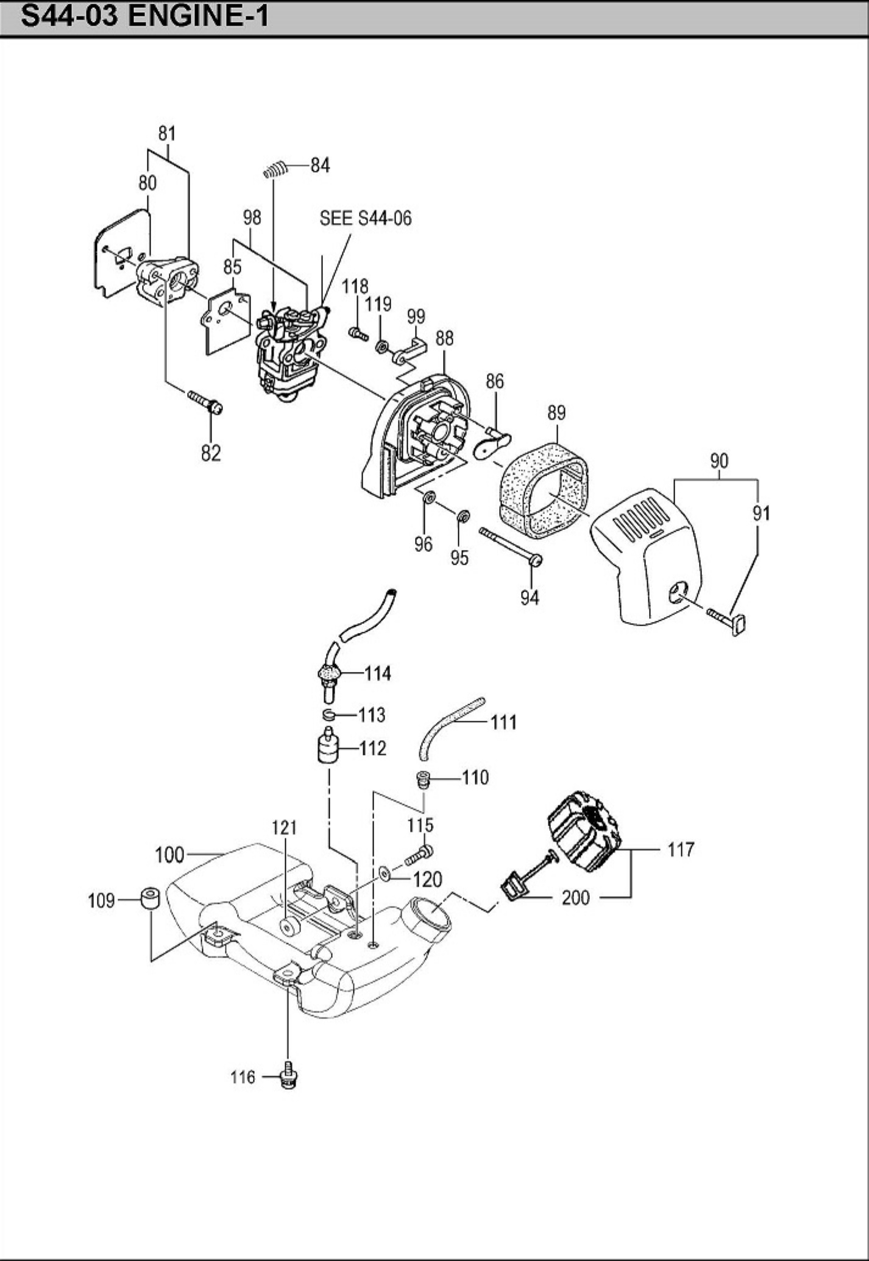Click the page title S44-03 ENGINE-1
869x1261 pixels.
[x=144, y=16]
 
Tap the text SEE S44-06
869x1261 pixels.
[x=366, y=218]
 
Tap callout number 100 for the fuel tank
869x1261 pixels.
[x=169, y=855]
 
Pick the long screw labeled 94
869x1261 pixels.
[x=511, y=547]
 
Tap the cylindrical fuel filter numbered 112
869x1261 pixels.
[x=327, y=744]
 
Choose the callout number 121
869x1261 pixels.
[x=284, y=827]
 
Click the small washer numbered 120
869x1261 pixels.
[x=385, y=874]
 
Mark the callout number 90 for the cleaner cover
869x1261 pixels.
[x=719, y=461]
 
